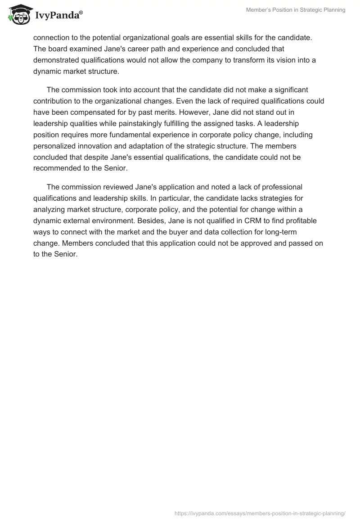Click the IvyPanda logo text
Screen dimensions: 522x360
(57, 15)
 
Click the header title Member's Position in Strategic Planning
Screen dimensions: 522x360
(296, 10)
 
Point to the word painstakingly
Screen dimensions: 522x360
(146, 123)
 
